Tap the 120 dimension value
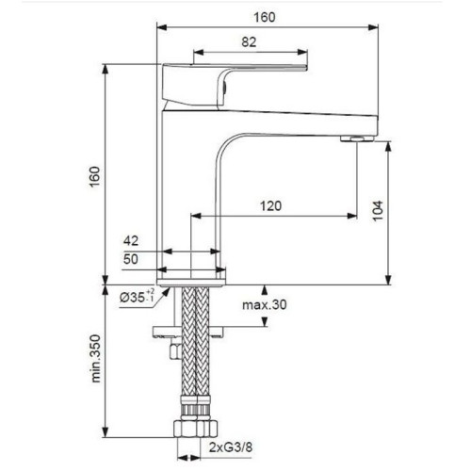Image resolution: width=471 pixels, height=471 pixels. point(271,205)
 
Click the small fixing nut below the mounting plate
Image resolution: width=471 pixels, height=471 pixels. point(172,350)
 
